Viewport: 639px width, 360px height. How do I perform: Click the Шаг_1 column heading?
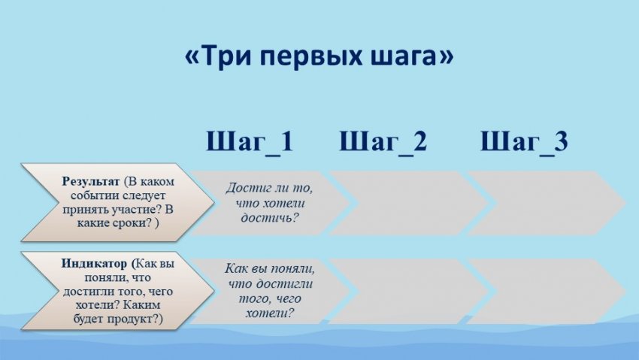250,141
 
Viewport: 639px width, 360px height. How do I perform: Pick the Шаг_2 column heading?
383,141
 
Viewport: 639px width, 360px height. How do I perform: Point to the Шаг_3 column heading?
524,141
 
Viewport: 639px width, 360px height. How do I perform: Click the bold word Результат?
91,182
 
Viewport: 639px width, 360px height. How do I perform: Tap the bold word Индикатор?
94,264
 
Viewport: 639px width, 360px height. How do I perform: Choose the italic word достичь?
269,218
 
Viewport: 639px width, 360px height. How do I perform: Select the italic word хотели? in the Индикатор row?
269,313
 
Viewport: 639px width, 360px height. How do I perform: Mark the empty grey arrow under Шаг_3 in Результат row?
547,203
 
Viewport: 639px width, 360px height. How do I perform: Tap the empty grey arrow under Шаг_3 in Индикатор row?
547,291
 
